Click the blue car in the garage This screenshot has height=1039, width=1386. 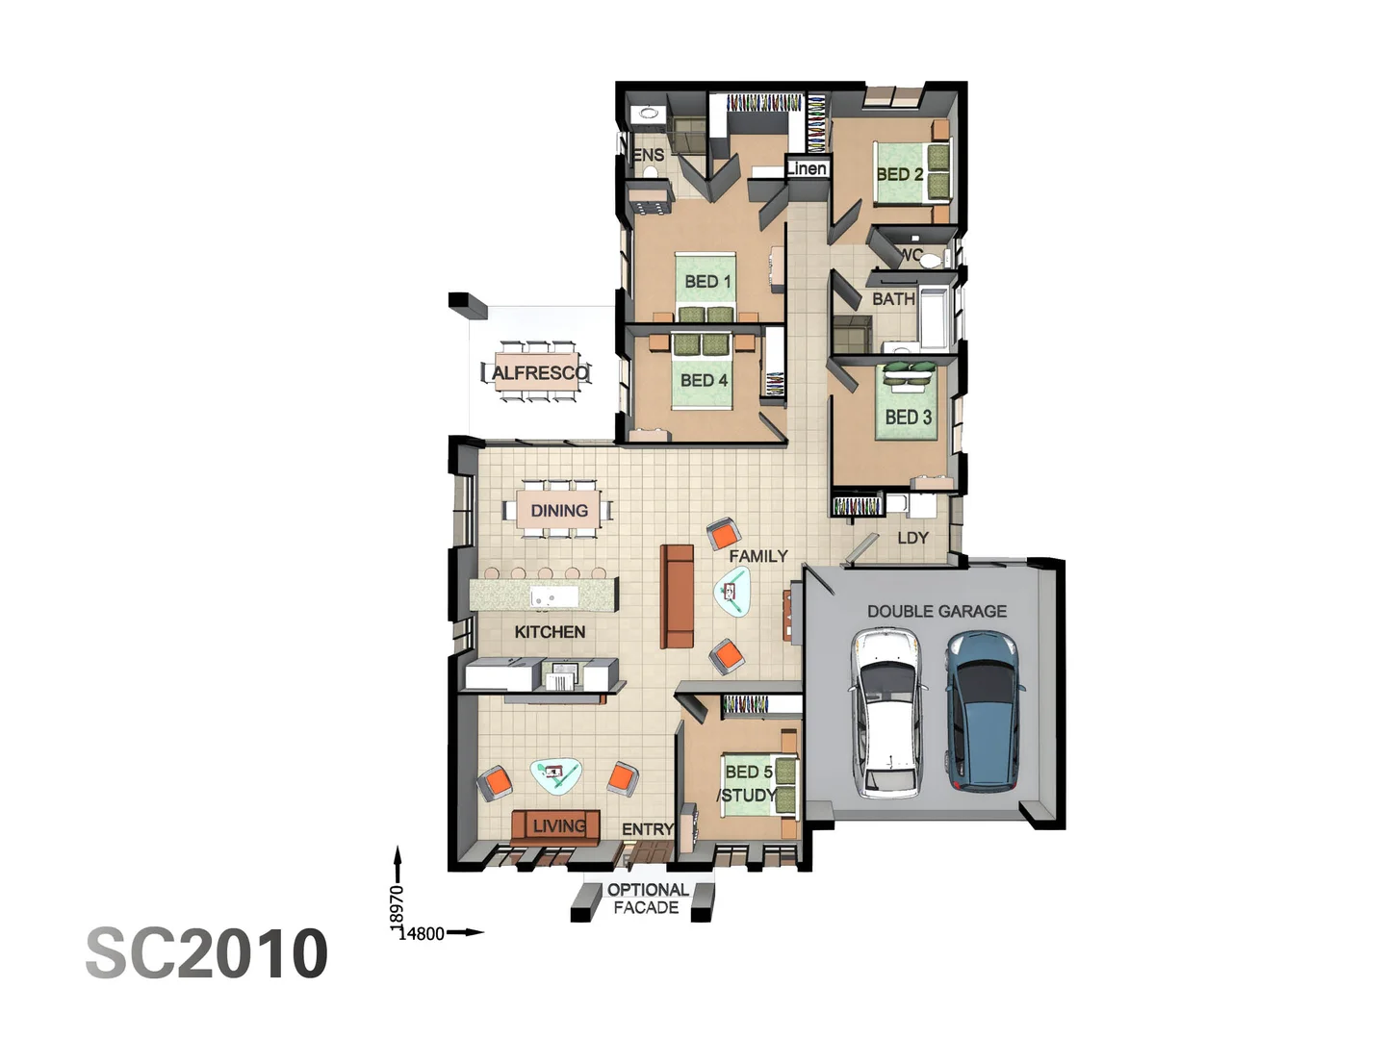click(984, 710)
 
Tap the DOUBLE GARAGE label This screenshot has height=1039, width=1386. click(937, 611)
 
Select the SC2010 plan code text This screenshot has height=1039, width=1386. click(207, 953)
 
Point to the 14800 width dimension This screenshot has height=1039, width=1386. click(423, 932)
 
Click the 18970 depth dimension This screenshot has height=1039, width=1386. click(397, 906)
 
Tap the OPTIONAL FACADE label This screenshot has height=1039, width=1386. click(647, 899)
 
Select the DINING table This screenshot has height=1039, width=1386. click(559, 511)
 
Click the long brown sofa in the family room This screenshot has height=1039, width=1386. click(677, 596)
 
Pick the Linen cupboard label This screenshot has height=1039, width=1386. click(806, 168)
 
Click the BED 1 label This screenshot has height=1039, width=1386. click(707, 281)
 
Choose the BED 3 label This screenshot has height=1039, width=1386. click(908, 417)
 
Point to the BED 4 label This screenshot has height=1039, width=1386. click(704, 380)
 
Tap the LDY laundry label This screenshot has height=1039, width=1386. click(912, 538)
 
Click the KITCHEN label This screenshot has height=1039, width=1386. click(550, 632)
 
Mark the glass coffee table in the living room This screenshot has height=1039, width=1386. click(556, 774)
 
